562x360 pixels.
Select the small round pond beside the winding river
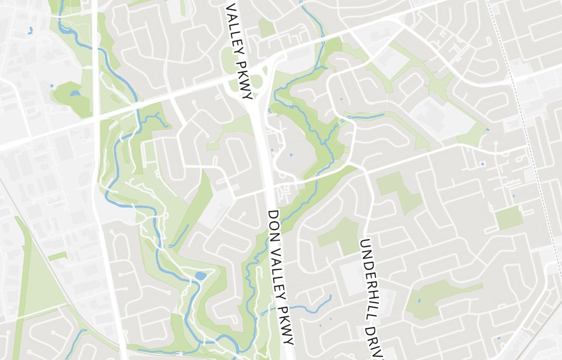[x=200, y=276]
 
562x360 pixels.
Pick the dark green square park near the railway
[x=508, y=218]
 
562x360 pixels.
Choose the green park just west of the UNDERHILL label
[x=340, y=233]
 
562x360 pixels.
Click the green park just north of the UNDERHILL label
[x=396, y=191]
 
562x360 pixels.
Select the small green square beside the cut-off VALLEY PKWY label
[x=266, y=28]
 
